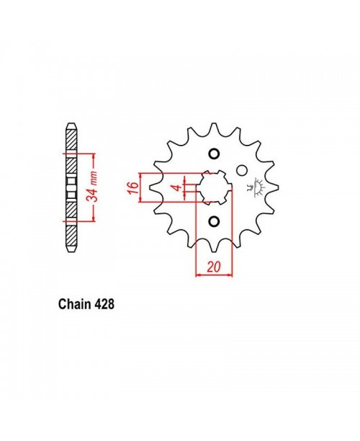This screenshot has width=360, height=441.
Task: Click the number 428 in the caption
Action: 102,305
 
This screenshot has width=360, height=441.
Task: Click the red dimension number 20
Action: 213,266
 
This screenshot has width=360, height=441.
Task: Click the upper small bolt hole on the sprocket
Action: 213,154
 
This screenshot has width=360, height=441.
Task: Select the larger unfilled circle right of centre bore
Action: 242,171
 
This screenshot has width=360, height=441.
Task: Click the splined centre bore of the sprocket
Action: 213,189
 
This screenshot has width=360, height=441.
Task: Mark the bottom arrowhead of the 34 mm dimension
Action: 94,220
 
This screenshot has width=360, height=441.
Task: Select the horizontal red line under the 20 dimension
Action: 213,275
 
